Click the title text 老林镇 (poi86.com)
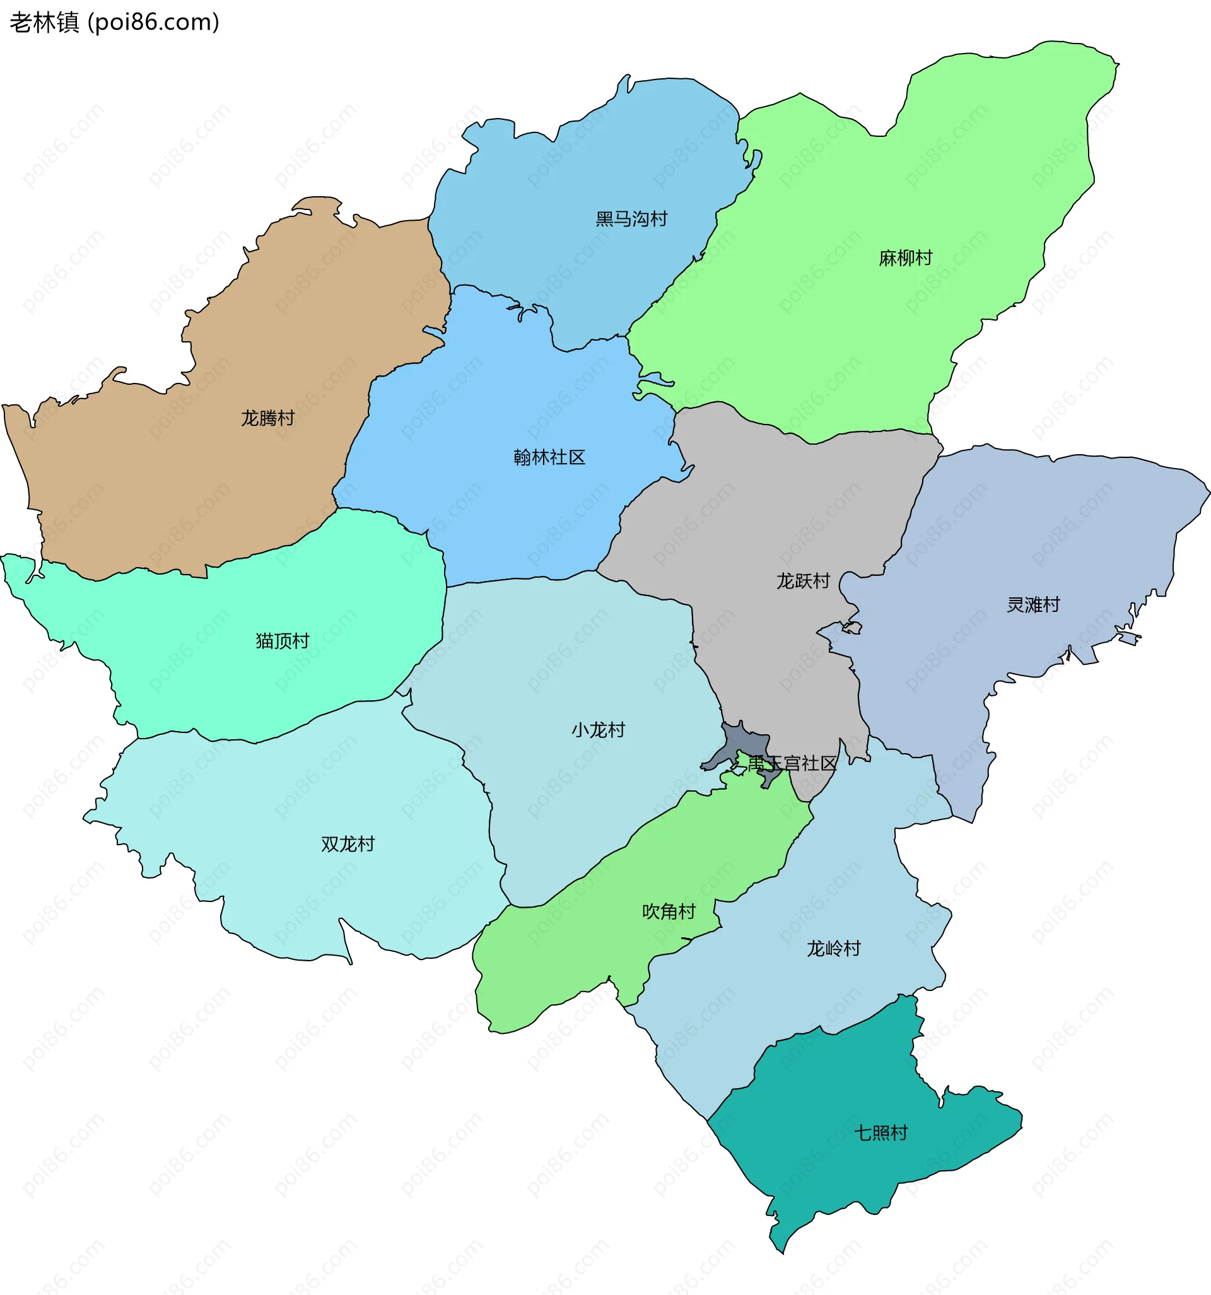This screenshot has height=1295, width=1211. pos(114,22)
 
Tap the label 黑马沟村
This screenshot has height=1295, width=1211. pos(631,219)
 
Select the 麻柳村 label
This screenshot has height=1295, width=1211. pos(905,258)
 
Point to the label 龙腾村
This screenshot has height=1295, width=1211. pos(267,418)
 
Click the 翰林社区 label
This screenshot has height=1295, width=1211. pos(549,457)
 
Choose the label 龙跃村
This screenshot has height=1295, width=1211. pos(802,580)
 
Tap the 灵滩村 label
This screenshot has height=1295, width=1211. pos(1033,604)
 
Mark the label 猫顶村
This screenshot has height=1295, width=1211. pos(282,641)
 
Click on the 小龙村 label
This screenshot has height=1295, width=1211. pos(598,730)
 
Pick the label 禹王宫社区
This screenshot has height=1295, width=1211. pos(792,763)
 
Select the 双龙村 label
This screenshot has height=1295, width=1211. pos(348,844)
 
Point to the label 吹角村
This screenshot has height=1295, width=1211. pos(669,911)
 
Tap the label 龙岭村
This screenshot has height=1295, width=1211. pos(833,949)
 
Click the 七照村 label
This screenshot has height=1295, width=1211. pos(880,1133)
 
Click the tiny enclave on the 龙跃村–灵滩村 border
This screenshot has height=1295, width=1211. pos(852,628)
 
